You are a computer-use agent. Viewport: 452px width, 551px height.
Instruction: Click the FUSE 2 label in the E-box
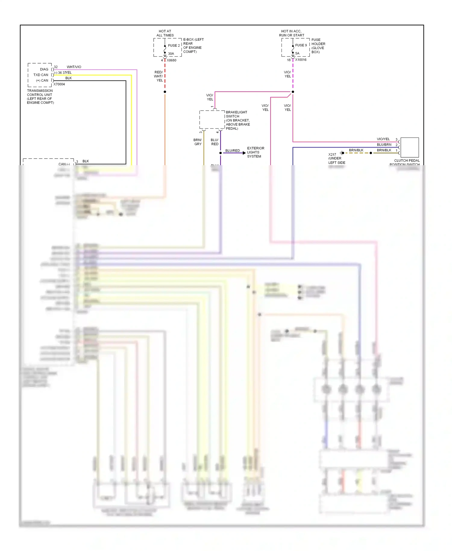(174, 46)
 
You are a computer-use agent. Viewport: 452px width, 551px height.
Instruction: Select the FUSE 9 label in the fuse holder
(301, 45)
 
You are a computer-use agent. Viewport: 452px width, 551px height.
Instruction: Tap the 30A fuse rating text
(171, 54)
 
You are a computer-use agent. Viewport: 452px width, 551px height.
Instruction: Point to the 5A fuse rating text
(297, 53)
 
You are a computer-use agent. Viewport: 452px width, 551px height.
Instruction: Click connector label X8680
(171, 60)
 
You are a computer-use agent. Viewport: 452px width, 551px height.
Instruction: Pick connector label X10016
(300, 60)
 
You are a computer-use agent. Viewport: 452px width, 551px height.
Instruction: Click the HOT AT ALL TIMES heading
(165, 33)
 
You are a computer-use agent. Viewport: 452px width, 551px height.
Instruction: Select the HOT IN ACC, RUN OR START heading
(291, 33)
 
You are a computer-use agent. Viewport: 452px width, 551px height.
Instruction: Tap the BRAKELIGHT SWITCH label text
(236, 114)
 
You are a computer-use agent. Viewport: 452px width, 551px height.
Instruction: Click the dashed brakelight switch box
(212, 120)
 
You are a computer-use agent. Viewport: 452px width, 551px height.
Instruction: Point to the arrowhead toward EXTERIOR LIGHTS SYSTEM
(244, 153)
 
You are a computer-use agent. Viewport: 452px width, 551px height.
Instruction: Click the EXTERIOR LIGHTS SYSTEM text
(255, 152)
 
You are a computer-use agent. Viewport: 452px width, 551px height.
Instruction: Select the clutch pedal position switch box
(409, 147)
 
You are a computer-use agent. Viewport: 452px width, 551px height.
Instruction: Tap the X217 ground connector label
(332, 154)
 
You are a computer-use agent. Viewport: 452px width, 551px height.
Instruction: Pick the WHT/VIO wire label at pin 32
(74, 67)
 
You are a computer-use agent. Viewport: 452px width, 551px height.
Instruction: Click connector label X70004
(59, 84)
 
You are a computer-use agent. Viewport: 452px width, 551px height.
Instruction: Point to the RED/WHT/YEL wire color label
(159, 76)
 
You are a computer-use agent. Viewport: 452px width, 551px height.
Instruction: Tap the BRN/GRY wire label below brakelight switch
(198, 142)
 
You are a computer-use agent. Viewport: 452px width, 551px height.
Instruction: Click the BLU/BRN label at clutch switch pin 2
(384, 145)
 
